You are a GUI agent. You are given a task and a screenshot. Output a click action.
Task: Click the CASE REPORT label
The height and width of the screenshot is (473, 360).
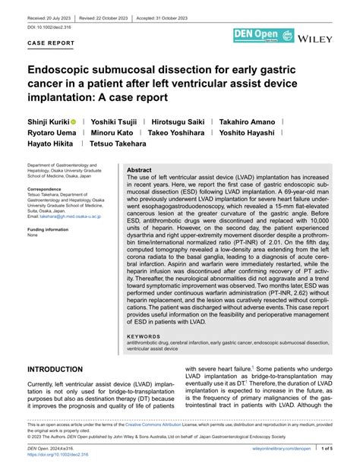[51, 43]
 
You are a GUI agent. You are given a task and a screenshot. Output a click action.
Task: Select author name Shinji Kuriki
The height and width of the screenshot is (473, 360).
[46, 121]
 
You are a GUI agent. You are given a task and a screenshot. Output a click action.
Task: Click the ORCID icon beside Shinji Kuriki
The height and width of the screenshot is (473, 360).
[74, 121]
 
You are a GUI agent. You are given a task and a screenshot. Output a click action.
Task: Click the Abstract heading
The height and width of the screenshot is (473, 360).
[139, 171]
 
